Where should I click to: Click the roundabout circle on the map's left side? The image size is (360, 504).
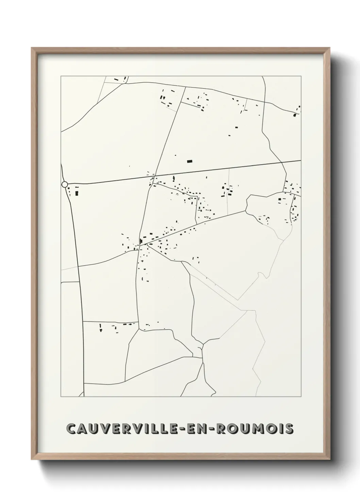(65, 184)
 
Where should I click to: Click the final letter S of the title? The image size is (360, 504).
(289, 429)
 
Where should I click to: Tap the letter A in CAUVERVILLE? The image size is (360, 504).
(84, 429)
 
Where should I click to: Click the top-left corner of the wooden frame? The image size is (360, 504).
(32, 48)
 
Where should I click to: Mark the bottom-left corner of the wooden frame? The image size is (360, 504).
(32, 460)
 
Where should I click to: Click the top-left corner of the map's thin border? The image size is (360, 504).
(61, 76)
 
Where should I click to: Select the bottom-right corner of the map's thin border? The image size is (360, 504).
(301, 397)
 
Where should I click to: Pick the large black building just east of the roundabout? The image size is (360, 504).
(77, 193)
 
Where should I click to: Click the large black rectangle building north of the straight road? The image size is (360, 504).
(190, 161)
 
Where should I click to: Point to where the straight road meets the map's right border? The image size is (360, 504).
(301, 160)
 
